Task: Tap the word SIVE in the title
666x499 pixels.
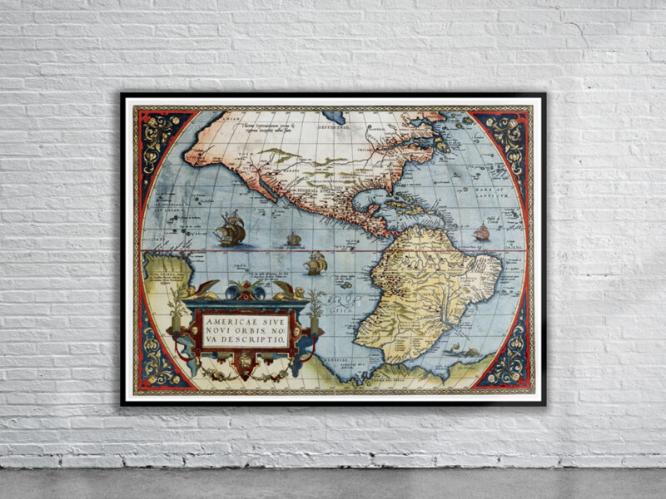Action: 276,317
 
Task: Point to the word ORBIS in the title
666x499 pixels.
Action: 258,329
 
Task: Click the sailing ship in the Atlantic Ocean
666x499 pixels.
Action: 481,233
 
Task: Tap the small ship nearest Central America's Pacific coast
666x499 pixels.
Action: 294,240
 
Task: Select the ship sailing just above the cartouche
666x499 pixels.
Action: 315,264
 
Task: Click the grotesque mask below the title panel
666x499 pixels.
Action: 246,364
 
